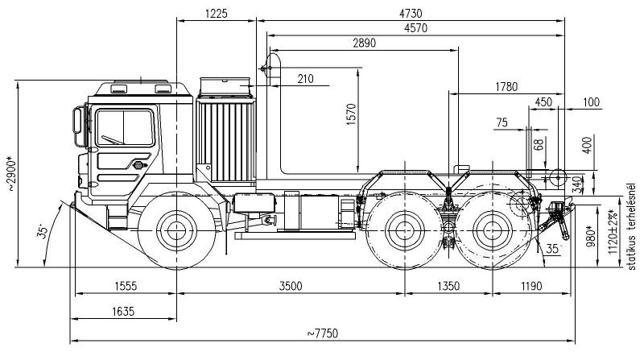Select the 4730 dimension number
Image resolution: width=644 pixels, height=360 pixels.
pos(411,12)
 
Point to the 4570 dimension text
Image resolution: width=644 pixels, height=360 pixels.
pos(411,28)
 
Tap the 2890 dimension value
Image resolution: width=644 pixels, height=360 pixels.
pos(365,43)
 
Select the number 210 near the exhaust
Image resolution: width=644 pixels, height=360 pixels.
pos(305,78)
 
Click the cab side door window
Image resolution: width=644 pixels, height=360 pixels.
pos(125,128)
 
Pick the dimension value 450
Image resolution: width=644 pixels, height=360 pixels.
pos(543,102)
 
